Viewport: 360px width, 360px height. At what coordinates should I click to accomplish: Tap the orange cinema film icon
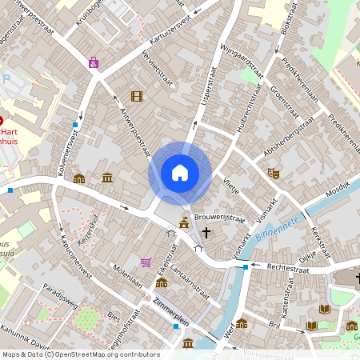(137, 97)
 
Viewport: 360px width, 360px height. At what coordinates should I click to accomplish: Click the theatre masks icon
(273, 172)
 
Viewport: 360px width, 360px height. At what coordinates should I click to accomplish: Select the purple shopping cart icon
(146, 262)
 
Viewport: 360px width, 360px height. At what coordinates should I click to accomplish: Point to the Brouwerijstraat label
(219, 217)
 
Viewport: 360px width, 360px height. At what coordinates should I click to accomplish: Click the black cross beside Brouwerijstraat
(206, 233)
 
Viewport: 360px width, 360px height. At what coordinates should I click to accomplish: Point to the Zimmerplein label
(170, 312)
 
